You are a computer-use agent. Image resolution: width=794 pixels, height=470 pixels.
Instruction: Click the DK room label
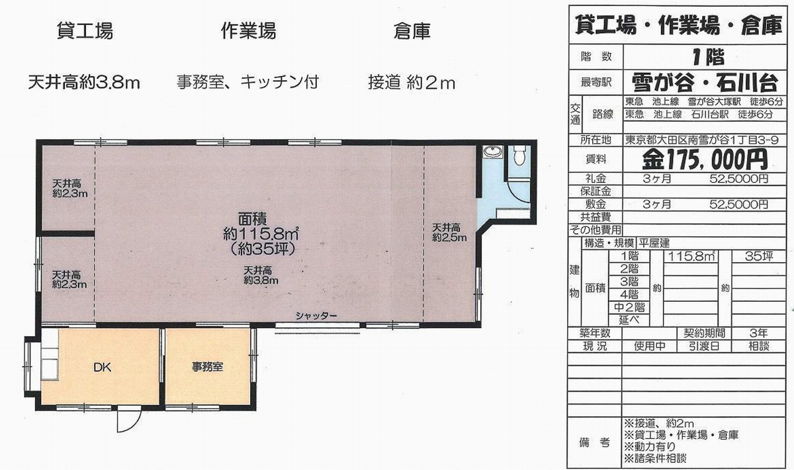tap(103, 367)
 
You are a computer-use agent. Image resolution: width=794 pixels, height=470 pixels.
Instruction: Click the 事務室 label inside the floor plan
tap(207, 367)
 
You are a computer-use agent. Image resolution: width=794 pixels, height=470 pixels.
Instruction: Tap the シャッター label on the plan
tap(316, 316)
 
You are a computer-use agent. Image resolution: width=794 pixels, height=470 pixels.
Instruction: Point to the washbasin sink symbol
tap(493, 152)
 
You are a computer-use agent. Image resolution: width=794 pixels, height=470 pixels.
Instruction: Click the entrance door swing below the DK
tap(129, 422)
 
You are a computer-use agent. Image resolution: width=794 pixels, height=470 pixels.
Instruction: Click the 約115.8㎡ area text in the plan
tap(260, 234)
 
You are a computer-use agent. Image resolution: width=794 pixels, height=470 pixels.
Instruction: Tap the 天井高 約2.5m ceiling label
tap(449, 232)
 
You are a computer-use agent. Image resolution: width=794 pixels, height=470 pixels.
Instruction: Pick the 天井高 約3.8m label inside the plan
tap(261, 275)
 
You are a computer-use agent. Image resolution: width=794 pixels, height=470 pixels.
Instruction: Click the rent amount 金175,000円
tap(705, 160)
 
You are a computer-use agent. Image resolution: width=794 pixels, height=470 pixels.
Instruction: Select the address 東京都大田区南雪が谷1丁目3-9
tap(701, 140)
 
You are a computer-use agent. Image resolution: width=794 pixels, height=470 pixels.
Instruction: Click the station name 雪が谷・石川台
tap(705, 83)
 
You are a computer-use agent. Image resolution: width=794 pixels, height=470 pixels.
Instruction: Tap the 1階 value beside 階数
tap(708, 57)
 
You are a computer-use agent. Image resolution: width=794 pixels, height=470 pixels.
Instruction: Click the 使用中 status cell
tap(649, 346)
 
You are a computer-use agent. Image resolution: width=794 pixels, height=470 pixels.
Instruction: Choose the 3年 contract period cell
tap(758, 334)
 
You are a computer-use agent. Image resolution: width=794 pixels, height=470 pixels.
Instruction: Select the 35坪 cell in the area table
tap(758, 256)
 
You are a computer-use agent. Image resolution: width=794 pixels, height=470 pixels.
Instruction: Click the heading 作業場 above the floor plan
tap(249, 30)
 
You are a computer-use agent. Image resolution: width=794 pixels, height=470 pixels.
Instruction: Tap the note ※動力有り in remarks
tap(650, 446)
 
